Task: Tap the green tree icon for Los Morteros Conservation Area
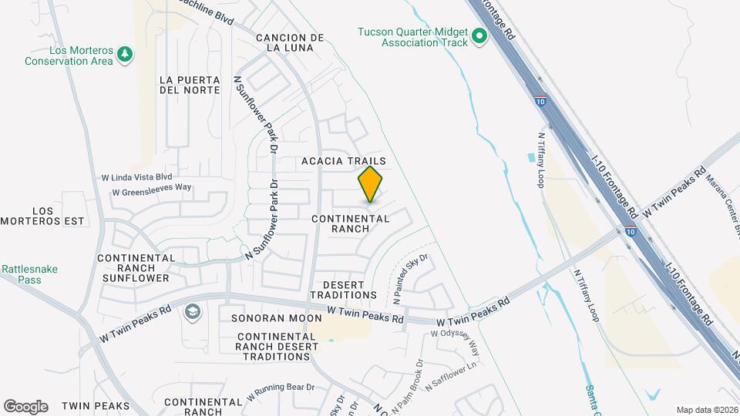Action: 124,55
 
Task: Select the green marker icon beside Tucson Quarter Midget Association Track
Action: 479,36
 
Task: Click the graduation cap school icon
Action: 191,312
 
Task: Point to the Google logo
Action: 25,406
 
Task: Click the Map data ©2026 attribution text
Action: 706,410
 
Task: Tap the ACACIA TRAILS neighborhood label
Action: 343,161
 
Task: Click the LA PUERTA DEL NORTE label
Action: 190,85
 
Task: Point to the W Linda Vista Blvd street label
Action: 136,177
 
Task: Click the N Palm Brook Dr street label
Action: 408,385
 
